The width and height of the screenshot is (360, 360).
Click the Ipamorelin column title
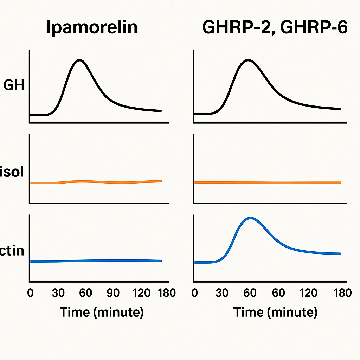(92, 28)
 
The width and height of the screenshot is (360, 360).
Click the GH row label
(14, 85)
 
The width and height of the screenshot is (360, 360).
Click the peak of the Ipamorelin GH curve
(81, 60)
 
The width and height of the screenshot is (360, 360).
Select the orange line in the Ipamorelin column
(95, 182)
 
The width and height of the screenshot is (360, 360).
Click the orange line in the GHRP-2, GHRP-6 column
(267, 182)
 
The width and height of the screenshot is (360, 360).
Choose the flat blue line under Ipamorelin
(95, 261)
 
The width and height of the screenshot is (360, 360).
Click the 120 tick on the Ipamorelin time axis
(142, 293)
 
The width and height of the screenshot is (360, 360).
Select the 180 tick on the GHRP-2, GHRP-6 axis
(342, 293)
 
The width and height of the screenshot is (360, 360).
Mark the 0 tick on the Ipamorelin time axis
(30, 293)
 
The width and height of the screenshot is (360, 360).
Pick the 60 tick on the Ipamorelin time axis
(86, 293)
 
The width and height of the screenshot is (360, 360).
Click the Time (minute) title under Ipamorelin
(102, 312)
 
